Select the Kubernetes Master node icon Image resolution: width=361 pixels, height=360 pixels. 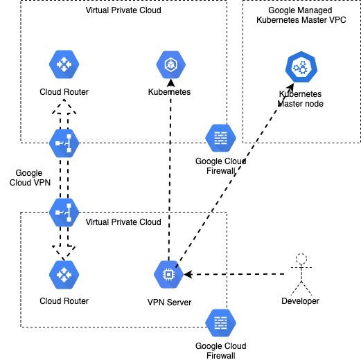pyautogui.click(x=300, y=67)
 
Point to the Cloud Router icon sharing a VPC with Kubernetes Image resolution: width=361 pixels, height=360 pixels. pyautogui.click(x=64, y=65)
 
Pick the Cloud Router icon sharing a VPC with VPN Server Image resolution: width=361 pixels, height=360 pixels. pyautogui.click(x=64, y=275)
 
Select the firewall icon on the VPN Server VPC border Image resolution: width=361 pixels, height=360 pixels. pyautogui.click(x=220, y=322)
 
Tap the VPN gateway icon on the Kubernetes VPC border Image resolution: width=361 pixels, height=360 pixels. pyautogui.click(x=64, y=143)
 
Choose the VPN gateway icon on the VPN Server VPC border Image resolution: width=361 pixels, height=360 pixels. pyautogui.click(x=64, y=212)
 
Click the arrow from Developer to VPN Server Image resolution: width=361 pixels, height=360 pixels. pyautogui.click(x=236, y=275)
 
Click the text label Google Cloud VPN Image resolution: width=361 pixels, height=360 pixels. pyautogui.click(x=28, y=178)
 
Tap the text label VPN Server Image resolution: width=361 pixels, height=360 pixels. pyautogui.click(x=168, y=302)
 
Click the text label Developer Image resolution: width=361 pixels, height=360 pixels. pyautogui.click(x=300, y=301)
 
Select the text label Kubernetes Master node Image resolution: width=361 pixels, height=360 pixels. pyautogui.click(x=300, y=98)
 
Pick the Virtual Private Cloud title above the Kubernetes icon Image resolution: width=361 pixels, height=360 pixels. pyautogui.click(x=123, y=10)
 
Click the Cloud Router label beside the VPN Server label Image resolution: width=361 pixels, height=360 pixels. pyautogui.click(x=64, y=301)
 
